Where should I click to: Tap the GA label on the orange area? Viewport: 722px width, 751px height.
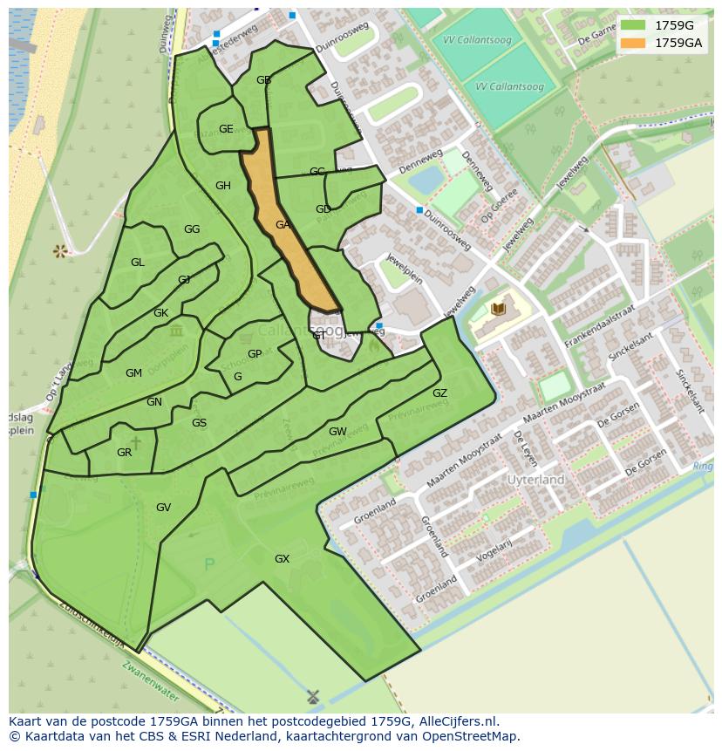pyautogui.click(x=283, y=225)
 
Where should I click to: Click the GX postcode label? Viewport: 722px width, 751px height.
pyautogui.click(x=282, y=559)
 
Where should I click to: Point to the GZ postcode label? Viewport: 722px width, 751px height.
pyautogui.click(x=439, y=393)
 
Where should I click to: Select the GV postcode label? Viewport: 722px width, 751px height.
pyautogui.click(x=163, y=508)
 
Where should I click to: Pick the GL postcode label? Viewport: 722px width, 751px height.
pyautogui.click(x=138, y=263)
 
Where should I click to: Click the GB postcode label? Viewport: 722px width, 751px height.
pyautogui.click(x=263, y=80)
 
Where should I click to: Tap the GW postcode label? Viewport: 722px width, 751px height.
pyautogui.click(x=337, y=432)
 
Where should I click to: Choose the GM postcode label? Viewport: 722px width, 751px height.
pyautogui.click(x=133, y=373)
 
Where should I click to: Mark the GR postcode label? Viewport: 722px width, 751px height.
pyautogui.click(x=124, y=453)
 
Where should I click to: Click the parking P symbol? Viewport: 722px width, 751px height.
pyautogui.click(x=208, y=565)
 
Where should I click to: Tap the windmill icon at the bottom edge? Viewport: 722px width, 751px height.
pyautogui.click(x=313, y=697)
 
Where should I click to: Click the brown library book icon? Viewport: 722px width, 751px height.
pyautogui.click(x=498, y=309)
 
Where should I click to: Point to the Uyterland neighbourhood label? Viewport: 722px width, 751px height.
pyautogui.click(x=536, y=480)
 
